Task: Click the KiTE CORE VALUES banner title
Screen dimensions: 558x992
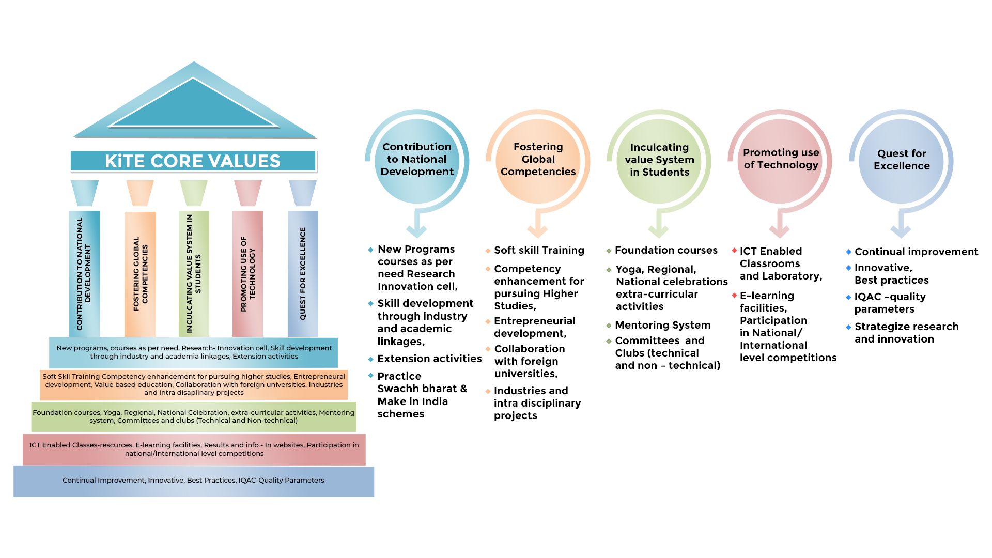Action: tap(193, 161)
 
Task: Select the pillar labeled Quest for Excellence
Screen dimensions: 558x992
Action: tap(303, 273)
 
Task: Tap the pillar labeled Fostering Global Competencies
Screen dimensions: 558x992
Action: tap(140, 274)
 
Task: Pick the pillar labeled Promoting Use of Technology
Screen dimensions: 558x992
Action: tap(247, 273)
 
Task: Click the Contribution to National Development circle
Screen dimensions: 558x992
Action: tap(417, 160)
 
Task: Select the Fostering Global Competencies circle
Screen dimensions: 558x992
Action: tap(538, 160)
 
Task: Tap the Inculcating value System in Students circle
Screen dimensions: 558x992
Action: tap(659, 160)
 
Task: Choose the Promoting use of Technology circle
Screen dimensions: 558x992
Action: tap(780, 160)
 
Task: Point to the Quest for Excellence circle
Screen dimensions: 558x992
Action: tap(902, 160)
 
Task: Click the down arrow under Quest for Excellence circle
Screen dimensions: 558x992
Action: tap(901, 227)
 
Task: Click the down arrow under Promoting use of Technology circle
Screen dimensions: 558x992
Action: tap(779, 227)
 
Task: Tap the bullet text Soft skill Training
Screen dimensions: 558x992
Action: tap(539, 251)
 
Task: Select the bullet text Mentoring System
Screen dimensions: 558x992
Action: tap(662, 325)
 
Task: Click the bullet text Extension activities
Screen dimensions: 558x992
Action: tap(429, 359)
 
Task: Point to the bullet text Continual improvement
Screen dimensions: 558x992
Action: tap(916, 252)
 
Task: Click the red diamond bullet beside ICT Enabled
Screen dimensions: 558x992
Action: tap(734, 251)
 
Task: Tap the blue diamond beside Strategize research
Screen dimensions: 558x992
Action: tap(848, 327)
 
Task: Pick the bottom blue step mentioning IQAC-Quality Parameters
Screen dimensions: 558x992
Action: tap(194, 481)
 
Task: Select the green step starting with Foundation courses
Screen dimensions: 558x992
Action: tap(194, 416)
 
